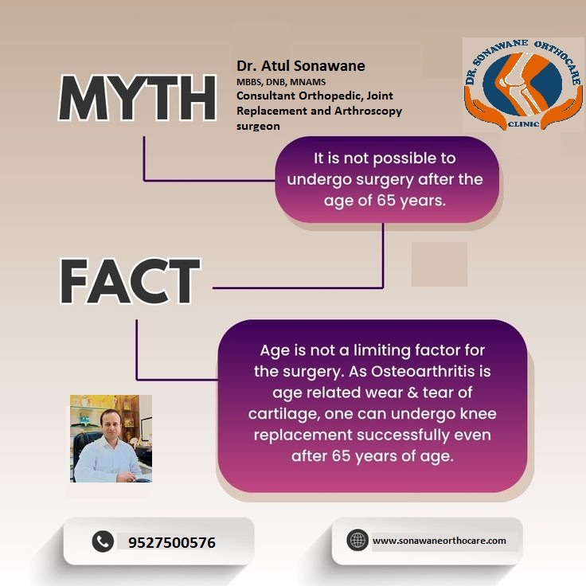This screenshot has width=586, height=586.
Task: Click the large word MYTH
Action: coord(137,98)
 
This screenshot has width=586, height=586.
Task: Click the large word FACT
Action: coord(130,281)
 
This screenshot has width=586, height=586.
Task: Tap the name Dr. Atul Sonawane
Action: coord(301,66)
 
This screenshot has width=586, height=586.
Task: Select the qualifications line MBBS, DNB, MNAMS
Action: coord(281,82)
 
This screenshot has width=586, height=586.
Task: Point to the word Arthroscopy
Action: coord(368,111)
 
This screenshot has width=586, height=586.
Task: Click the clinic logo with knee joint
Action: coord(522,84)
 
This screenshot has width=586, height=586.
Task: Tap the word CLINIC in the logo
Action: coord(523,123)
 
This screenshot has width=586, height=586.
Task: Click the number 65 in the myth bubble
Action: coord(386,201)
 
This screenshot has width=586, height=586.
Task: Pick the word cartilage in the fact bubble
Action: coord(282,415)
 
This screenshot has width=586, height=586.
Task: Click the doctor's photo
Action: coord(111,439)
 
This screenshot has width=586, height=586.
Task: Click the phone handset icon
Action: coord(103,541)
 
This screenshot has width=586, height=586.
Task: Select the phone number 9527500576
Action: coord(172,543)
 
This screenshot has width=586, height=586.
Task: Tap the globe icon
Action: coord(357,540)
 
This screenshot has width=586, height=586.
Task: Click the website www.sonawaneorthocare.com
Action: coord(439,541)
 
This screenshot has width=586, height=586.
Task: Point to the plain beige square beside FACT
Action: coord(439,264)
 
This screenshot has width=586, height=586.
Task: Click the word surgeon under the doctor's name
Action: coord(258,127)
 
